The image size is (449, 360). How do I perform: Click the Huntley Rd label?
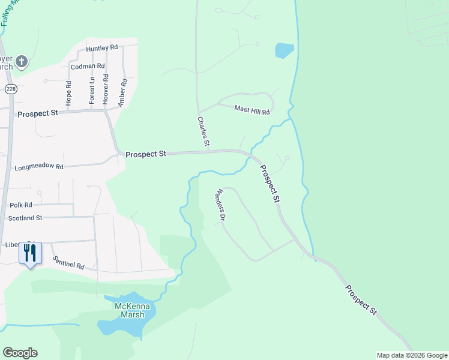coord(101,48)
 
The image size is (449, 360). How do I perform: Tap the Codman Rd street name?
coord(88,66)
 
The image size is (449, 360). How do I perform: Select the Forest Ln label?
coord(92,90)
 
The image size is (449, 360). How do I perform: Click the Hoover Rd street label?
coord(106,88)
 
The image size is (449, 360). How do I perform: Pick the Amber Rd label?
coord(122,93)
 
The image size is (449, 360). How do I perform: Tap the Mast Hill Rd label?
coord(252,110)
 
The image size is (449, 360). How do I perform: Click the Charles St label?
coord(203,132)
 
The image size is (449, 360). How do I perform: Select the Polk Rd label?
coord(20,205)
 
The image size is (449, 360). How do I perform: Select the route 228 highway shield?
coord(10,89)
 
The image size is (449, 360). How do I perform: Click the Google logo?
coord(20,353)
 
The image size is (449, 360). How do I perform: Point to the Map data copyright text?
coord(411,355)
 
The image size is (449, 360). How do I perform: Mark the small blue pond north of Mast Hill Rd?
coord(285,50)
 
